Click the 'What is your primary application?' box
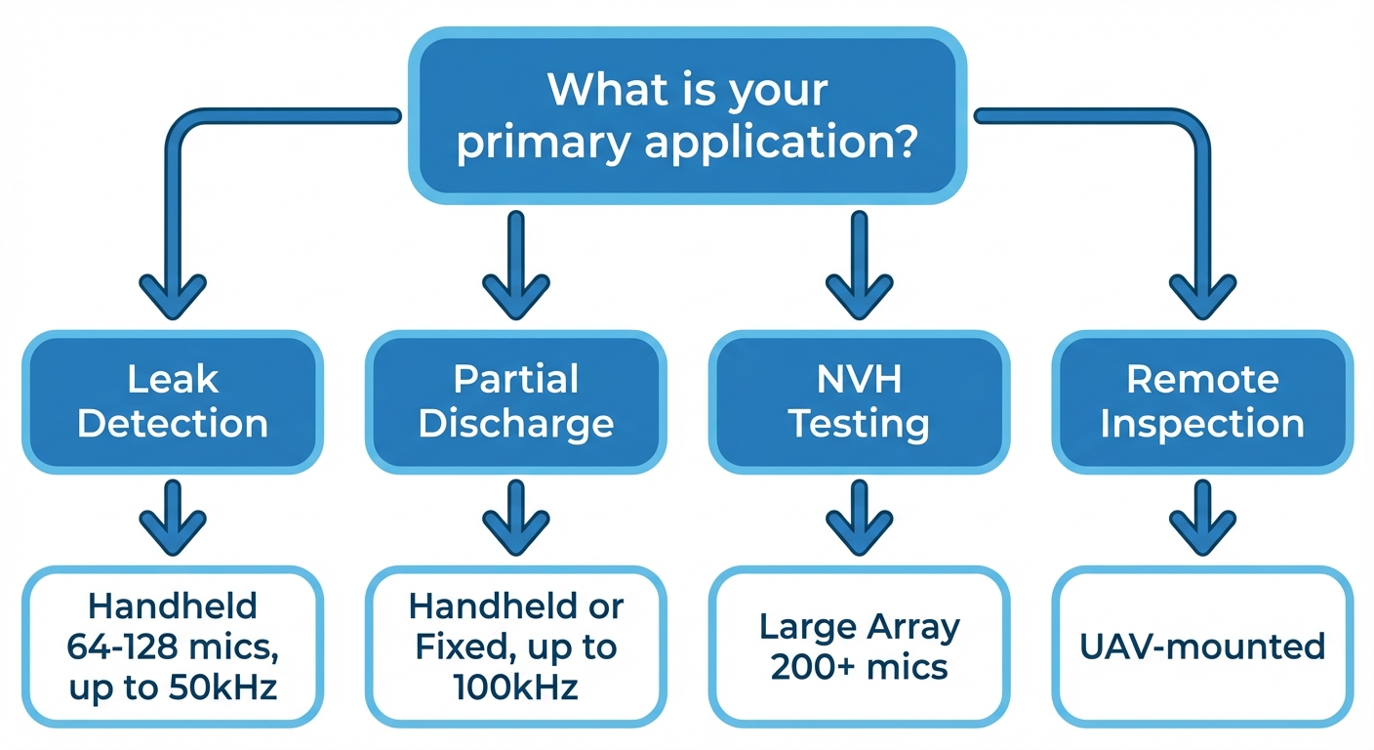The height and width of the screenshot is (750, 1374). [687, 115]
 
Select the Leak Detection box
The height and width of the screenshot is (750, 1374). [173, 401]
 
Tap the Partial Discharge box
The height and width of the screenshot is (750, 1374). [515, 401]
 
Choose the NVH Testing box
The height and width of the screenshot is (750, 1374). [859, 401]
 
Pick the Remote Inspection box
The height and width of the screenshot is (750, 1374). [1202, 401]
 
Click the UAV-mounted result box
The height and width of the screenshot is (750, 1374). [1202, 646]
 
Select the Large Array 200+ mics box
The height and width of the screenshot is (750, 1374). [859, 646]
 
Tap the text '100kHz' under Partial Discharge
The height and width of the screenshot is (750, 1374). [515, 687]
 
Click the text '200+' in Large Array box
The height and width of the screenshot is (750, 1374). [806, 667]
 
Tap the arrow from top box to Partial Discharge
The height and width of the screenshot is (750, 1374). [515, 264]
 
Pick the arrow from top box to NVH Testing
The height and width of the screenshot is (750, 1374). [859, 264]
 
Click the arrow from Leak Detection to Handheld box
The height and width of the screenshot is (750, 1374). [173, 519]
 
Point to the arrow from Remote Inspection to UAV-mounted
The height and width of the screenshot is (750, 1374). [1202, 519]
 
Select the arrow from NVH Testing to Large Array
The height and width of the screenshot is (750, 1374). [859, 519]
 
